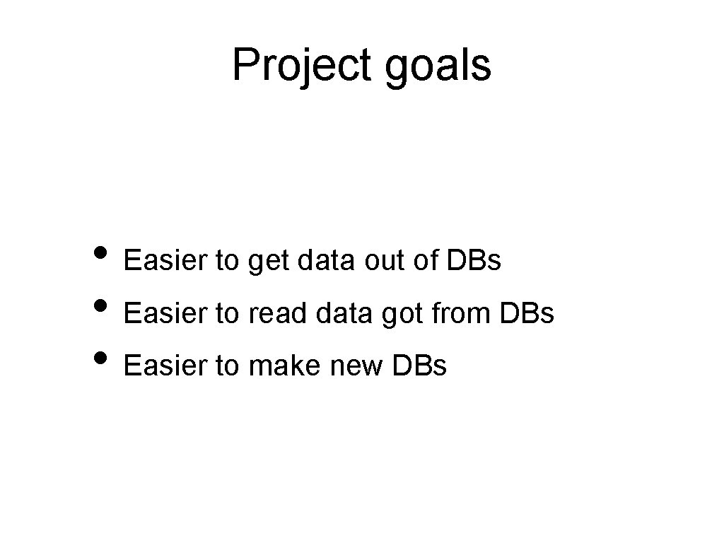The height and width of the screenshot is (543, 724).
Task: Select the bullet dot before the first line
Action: point(101,254)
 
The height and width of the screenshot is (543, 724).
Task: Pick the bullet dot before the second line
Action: point(101,306)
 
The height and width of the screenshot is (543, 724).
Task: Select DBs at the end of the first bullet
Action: point(474,262)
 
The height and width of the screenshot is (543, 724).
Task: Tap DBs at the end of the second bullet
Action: point(527,314)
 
